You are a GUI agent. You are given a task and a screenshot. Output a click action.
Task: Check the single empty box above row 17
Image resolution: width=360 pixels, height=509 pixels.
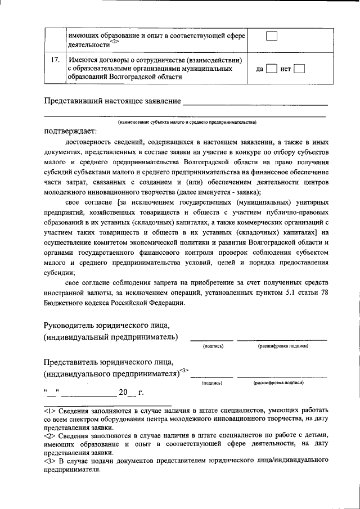[x=272, y=36]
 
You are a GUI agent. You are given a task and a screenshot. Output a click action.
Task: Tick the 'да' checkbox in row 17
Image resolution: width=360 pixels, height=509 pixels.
[x=271, y=70]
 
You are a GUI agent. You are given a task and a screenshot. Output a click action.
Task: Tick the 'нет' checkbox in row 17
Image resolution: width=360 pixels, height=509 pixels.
[x=299, y=70]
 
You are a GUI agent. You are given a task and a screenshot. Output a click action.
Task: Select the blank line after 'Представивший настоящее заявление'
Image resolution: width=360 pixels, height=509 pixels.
[x=255, y=103]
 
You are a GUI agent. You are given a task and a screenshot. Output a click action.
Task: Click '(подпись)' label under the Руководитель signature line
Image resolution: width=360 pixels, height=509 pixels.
[x=213, y=346]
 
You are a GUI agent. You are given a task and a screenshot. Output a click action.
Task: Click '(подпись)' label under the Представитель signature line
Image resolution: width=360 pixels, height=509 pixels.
[x=212, y=382]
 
